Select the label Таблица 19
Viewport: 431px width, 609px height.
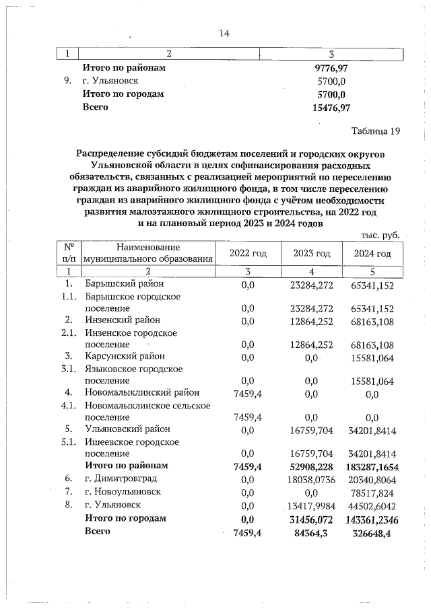[x=376, y=131]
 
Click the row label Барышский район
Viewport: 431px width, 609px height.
[x=125, y=285]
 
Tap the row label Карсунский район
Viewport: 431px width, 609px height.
[x=125, y=356]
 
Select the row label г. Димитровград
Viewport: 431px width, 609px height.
[x=121, y=478]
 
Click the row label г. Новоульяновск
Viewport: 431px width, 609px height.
[x=123, y=491]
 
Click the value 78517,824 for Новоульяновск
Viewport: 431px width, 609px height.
[x=372, y=491]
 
